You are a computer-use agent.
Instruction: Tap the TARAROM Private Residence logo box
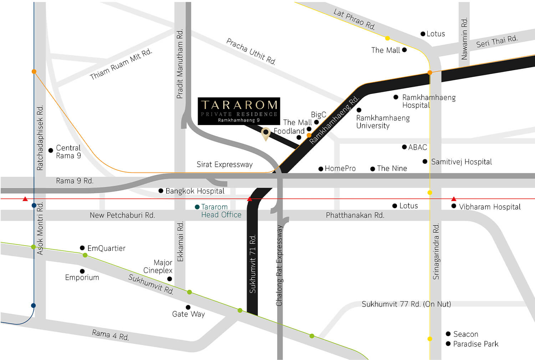click(239, 111)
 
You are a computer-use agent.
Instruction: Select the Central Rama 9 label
click(68, 152)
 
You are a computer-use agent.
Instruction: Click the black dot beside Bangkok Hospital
click(161, 191)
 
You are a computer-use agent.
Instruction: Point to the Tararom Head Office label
click(221, 211)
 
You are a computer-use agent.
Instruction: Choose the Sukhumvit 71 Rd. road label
click(253, 264)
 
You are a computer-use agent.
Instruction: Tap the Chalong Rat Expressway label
click(279, 266)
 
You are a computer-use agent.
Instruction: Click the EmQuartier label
click(106, 248)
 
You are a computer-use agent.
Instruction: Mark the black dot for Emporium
click(82, 271)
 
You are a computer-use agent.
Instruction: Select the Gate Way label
click(188, 314)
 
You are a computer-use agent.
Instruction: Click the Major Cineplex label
click(158, 267)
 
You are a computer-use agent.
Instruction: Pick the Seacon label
click(465, 334)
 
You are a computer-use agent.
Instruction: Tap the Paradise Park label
click(475, 344)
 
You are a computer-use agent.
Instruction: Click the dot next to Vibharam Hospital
click(454, 206)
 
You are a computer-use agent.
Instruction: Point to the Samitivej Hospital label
click(461, 162)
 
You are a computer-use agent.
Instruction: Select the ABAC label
click(417, 147)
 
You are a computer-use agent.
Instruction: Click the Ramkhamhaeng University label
click(383, 122)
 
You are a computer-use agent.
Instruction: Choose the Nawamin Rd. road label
click(464, 38)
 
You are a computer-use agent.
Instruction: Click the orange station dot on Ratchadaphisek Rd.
click(34, 72)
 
